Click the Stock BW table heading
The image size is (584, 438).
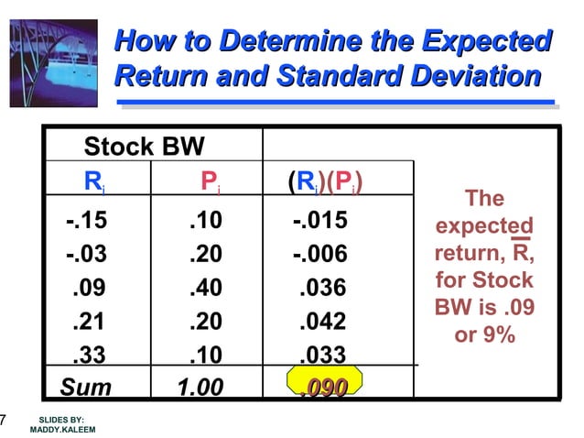[144, 147]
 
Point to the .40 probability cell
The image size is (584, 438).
[206, 289]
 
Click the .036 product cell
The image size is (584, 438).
[323, 289]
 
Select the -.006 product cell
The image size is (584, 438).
[319, 255]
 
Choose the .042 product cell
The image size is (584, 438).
[323, 322]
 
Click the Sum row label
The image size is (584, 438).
[86, 388]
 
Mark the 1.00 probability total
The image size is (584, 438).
[200, 388]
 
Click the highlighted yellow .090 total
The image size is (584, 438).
[324, 388]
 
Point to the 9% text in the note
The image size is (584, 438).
[498, 335]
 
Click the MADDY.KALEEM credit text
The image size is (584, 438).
[62, 429]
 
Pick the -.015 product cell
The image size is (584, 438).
[319, 222]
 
